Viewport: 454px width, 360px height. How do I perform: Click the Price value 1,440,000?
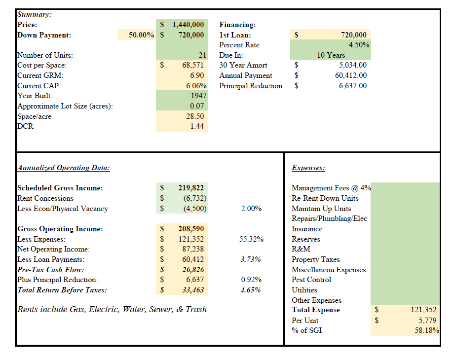(x=188, y=25)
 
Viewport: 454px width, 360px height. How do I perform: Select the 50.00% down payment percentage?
(x=141, y=35)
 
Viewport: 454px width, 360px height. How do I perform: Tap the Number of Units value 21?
(x=202, y=55)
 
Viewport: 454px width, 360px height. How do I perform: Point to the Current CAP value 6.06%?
(x=196, y=86)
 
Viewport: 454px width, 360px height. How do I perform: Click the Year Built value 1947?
(x=198, y=96)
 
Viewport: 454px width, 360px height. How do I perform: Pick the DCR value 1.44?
(x=197, y=126)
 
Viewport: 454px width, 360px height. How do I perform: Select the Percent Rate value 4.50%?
(x=359, y=45)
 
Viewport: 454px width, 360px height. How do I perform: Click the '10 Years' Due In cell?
(x=331, y=55)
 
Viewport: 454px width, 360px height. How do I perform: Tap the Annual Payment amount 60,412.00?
(x=351, y=75)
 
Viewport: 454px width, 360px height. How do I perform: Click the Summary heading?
(x=35, y=14)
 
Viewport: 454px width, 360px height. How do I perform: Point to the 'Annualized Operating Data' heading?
(x=63, y=168)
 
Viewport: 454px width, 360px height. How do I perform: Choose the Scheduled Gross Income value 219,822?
(x=191, y=188)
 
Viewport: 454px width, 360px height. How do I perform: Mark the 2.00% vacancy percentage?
(x=251, y=209)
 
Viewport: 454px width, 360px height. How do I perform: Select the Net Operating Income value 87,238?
(x=193, y=249)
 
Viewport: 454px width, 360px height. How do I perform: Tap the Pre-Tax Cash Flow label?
(x=51, y=270)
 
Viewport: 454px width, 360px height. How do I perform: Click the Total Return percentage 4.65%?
(x=251, y=290)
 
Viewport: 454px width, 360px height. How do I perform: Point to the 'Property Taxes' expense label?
(x=316, y=259)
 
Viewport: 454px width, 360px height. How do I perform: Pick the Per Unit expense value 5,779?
(x=427, y=321)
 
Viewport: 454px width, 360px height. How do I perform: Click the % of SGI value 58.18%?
(x=427, y=330)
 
